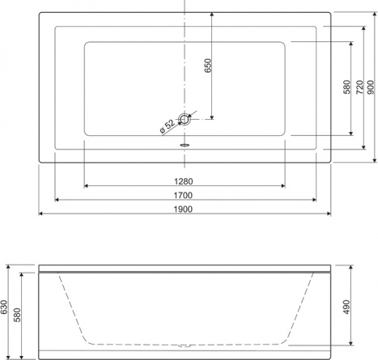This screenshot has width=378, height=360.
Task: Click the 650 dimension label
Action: pos(208,66)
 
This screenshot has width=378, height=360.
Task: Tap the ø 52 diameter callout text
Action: pos(168,126)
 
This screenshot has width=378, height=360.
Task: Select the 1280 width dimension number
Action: pos(184,181)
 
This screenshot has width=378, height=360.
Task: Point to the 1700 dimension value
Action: pos(183,195)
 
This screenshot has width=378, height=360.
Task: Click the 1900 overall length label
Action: pos(183,210)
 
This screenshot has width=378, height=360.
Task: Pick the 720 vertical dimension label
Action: pos(359,87)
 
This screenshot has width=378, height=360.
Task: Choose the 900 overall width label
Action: pos(371,87)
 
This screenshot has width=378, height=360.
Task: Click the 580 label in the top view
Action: pos(347,87)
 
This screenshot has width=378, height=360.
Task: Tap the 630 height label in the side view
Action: pos(4,307)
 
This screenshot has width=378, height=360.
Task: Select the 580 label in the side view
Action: pos(17,315)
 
